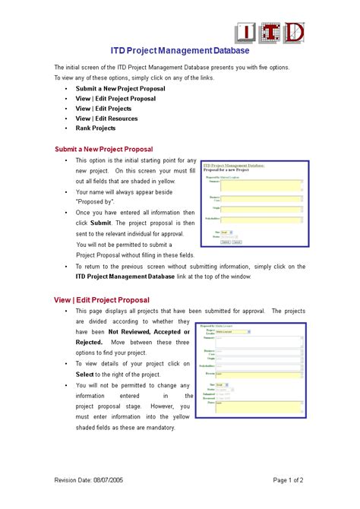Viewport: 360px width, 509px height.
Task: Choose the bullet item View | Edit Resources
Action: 106,119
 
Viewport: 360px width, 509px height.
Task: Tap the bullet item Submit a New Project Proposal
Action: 120,89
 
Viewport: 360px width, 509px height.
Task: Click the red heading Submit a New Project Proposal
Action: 104,149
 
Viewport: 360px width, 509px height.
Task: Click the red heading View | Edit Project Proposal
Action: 102,299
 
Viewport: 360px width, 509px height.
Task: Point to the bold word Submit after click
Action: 100,223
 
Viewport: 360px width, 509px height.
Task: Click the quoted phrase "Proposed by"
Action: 95,202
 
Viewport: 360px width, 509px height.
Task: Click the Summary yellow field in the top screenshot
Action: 262,186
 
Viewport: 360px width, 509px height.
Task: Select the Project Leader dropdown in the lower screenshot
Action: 233,330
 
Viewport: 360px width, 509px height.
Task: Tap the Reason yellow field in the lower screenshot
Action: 259,374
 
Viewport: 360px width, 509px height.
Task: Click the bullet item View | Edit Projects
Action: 103,109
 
